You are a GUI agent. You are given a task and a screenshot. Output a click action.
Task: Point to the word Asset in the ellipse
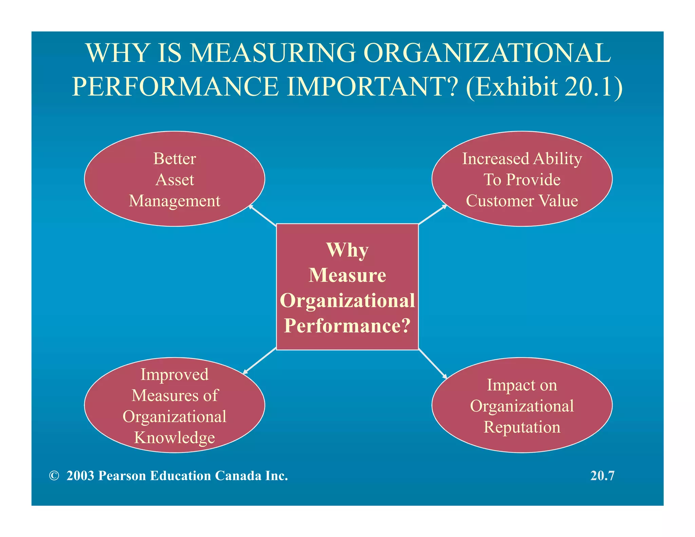(175, 180)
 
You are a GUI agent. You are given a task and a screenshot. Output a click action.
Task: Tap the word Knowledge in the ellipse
(175, 438)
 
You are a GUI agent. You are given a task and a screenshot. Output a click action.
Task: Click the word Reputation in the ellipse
(522, 427)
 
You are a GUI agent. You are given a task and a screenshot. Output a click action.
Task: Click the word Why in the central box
(347, 250)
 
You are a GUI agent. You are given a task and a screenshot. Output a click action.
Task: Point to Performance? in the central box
(347, 326)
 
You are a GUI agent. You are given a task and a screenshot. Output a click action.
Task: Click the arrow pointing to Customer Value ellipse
(433, 215)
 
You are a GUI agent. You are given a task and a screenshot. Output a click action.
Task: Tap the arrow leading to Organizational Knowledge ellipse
(260, 361)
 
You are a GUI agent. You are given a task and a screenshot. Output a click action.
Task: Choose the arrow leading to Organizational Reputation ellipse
(433, 364)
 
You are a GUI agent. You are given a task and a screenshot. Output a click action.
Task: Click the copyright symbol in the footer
(54, 476)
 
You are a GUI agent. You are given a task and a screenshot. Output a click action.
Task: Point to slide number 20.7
(602, 476)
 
